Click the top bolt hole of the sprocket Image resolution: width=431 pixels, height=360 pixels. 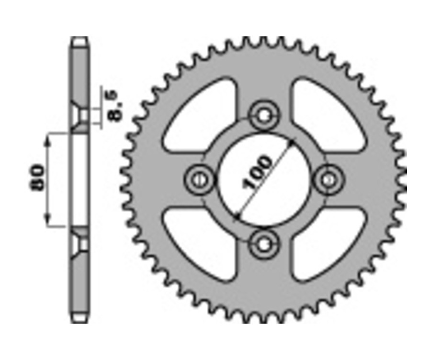coord(263,115)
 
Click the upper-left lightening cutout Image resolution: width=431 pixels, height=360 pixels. coord(201,115)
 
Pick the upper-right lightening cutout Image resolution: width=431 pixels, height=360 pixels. coord(326,115)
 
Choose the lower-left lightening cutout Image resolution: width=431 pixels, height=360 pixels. coord(201,242)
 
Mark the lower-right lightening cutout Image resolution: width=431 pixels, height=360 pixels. coord(326,242)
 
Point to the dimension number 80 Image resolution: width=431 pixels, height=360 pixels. coord(38,179)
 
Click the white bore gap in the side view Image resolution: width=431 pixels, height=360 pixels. coord(80,180)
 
